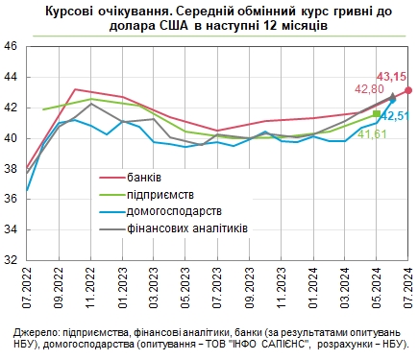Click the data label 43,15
coord(391,75)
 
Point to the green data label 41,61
coord(372,134)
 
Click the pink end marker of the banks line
coord(408,90)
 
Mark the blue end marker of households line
coord(392,100)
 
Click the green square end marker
coord(377,114)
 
